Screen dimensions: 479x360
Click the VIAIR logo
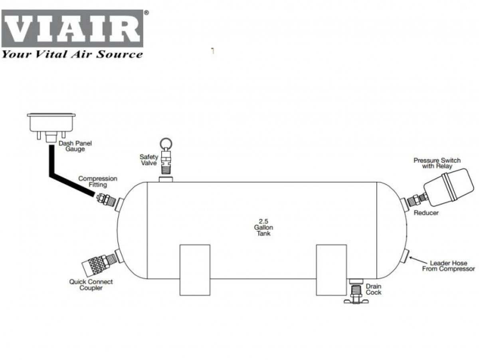[x=72, y=28]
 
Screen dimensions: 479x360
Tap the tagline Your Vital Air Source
[x=72, y=54]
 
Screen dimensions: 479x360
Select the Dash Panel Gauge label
[x=75, y=146]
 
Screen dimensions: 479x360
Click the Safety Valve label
[x=149, y=160]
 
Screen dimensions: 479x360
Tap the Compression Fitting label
[x=98, y=181]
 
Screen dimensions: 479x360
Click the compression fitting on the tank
[x=106, y=199]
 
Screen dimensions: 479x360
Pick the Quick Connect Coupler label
[x=91, y=284]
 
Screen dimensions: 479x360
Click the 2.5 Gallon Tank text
[x=263, y=227]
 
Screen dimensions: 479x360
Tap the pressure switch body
[x=449, y=187]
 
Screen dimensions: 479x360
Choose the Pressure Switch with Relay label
[x=437, y=163]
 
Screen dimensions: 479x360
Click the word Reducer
[x=426, y=213]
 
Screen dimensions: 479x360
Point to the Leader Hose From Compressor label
[x=448, y=266]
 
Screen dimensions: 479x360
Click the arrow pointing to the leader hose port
[x=418, y=260]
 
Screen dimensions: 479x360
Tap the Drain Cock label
[x=373, y=289]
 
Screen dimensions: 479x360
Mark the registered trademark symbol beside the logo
[x=146, y=13]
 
